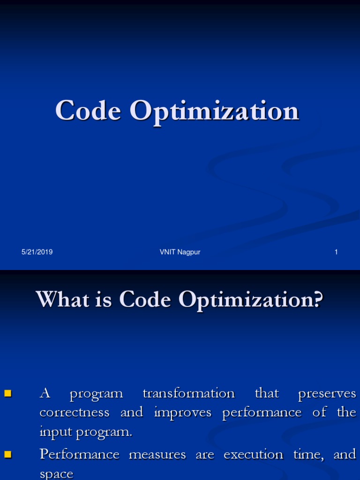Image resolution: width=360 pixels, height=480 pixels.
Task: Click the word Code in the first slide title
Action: pos(88,111)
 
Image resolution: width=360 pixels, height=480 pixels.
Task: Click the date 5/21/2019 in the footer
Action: pos(37,252)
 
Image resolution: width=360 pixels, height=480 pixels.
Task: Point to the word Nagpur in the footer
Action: pos(189,253)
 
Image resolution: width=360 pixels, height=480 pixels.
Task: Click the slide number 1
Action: pos(336,252)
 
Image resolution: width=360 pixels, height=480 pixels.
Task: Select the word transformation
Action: pos(188,393)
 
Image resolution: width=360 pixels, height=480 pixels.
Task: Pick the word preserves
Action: pos(327,394)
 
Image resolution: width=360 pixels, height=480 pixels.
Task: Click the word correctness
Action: pos(75,412)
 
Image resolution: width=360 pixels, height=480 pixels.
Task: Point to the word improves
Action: pos(184,413)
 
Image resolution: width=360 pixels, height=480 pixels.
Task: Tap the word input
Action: pos(53,432)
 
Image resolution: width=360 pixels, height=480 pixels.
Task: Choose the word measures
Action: pos(157,454)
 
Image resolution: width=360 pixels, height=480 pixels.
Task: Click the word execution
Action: pos(253,454)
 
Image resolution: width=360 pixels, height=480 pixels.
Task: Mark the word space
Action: pos(56,474)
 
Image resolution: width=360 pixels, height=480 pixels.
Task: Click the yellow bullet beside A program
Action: pos(7,393)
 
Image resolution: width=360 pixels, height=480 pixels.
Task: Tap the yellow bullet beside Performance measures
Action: pos(7,454)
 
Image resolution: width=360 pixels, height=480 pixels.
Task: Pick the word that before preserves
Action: pos(266,393)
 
